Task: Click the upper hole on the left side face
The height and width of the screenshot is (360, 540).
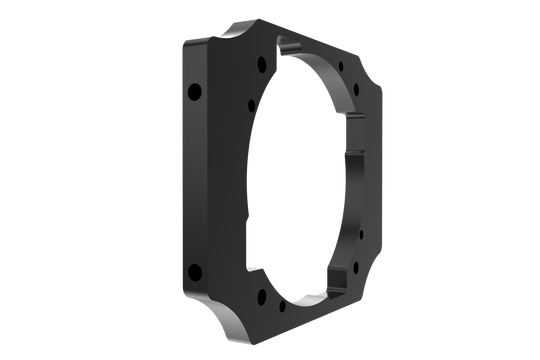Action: click(194, 92)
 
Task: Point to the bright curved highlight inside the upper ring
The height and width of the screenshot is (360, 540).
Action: click(330, 80)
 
